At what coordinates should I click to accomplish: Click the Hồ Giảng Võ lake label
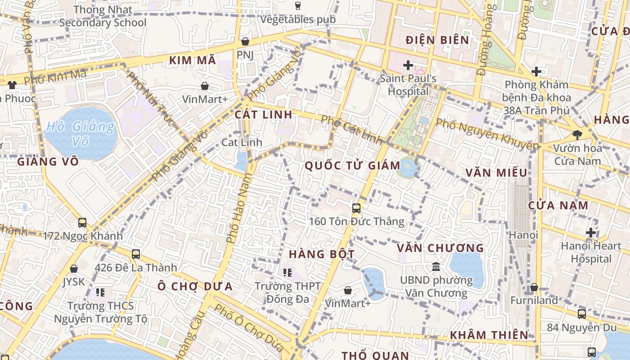point(81,134)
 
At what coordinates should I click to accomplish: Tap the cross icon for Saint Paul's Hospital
point(408,66)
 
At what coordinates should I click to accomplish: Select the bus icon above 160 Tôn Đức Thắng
point(356,208)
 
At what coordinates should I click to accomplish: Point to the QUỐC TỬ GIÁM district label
point(352,166)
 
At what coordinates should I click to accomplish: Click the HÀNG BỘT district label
point(321,254)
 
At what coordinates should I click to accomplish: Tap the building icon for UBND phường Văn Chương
point(436,267)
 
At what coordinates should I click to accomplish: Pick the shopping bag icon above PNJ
point(245,41)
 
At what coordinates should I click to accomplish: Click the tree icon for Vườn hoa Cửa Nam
point(577,134)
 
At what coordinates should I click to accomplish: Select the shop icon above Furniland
point(534,287)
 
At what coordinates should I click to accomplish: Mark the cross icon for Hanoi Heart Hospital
point(591,233)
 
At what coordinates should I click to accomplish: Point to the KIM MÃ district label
point(193,60)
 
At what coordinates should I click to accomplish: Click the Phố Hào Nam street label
point(238,208)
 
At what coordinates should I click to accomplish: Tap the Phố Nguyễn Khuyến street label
point(487,134)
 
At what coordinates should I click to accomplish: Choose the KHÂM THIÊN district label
point(489,335)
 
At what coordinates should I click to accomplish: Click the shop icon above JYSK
point(74,269)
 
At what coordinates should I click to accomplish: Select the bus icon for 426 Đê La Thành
point(136,254)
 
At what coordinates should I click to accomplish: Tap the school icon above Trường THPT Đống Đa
point(288,272)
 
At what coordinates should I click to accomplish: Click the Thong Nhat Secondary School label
point(103,16)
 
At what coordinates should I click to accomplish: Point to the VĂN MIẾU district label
point(496,173)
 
